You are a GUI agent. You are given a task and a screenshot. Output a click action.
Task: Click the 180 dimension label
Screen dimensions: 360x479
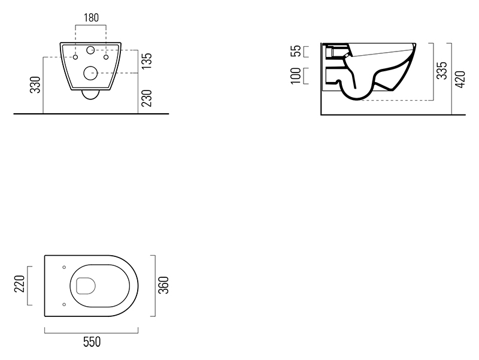(x=90, y=17)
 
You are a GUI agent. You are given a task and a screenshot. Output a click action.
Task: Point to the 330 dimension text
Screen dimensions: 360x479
(x=35, y=86)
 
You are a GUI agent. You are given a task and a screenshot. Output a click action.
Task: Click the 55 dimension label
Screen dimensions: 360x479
(x=294, y=51)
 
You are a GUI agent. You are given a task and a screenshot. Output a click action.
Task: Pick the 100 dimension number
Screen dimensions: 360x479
(x=294, y=76)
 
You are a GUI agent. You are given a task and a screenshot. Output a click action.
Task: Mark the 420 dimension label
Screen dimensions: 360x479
(x=460, y=78)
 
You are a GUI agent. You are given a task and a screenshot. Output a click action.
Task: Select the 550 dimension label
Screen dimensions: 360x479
(x=91, y=342)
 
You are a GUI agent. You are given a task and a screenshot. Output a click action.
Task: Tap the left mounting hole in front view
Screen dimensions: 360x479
(x=75, y=58)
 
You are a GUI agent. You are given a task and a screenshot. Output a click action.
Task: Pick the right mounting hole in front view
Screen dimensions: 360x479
(x=106, y=58)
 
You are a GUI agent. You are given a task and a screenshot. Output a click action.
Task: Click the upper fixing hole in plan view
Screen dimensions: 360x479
(x=63, y=267)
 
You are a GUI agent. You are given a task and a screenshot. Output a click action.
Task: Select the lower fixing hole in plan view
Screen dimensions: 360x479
(x=63, y=304)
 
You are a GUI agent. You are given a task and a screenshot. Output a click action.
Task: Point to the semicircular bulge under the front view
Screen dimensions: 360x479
(x=91, y=96)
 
